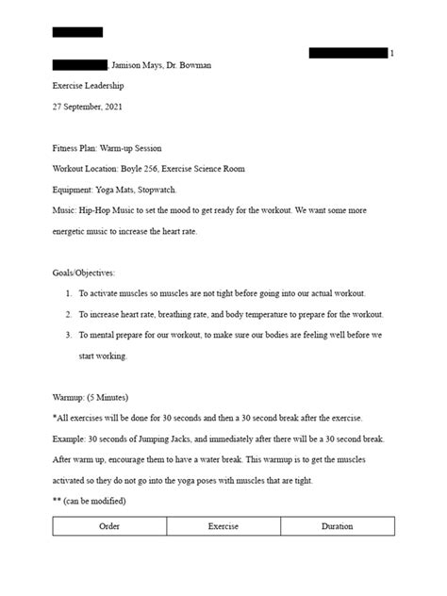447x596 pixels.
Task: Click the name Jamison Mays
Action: click(x=138, y=64)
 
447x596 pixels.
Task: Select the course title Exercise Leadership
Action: click(x=88, y=86)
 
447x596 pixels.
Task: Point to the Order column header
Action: click(x=109, y=527)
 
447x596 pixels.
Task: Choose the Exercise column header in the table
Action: click(x=223, y=527)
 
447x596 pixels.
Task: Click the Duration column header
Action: click(x=337, y=527)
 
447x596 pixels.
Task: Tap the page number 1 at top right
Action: click(x=392, y=54)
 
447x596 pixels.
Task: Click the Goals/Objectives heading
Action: click(x=84, y=273)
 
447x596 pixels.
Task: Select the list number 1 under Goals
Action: click(x=69, y=293)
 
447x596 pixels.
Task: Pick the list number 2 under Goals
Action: click(x=69, y=314)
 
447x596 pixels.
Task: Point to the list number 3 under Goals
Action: click(x=69, y=335)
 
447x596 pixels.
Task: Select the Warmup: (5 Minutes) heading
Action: click(x=91, y=397)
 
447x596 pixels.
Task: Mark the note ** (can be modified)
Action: click(x=89, y=501)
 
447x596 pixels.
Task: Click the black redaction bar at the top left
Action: click(x=77, y=32)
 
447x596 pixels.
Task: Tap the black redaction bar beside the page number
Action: click(x=348, y=54)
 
